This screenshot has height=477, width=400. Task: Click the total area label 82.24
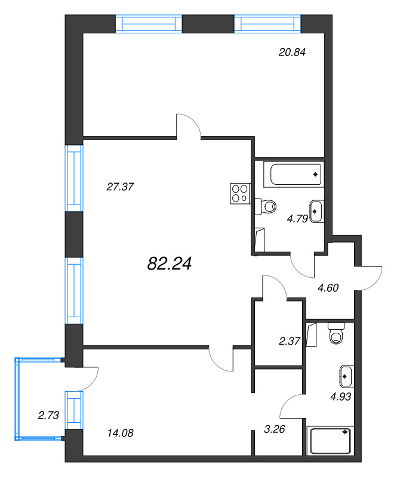pos(170,264)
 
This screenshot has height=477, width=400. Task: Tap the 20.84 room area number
pos(292,52)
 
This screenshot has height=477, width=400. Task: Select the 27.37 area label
pos(120,187)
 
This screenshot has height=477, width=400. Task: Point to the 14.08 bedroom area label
pos(121,433)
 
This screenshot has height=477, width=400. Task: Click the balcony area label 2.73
pos(48,415)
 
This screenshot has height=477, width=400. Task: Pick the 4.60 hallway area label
pos(328,287)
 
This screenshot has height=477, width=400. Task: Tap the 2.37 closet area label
pos(290,341)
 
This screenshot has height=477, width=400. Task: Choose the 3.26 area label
pos(275,429)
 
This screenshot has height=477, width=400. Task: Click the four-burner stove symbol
pos(241,193)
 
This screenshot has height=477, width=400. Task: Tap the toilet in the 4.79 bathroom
pos(266,207)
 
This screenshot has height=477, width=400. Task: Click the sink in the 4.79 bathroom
pos(317,212)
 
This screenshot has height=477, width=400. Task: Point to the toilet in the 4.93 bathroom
pos(336,333)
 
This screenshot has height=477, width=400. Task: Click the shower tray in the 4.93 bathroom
pos(330,441)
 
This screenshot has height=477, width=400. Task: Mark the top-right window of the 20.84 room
pos(267,24)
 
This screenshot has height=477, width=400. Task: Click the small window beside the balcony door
pos(74,410)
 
